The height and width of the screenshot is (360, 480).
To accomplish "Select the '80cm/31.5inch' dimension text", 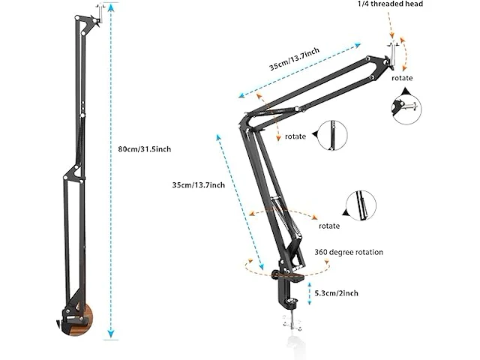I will coord(145,149).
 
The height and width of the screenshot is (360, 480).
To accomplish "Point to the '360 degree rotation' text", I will coord(349,253).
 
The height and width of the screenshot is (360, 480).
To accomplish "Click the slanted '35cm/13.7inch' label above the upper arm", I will coord(294,61).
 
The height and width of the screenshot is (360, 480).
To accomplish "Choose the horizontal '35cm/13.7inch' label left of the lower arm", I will coord(198,184).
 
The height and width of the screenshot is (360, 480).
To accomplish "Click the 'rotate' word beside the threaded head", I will coord(402,77).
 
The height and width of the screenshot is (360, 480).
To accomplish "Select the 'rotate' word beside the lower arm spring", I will coord(328,226).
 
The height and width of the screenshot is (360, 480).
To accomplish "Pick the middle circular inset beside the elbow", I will coord(332,136).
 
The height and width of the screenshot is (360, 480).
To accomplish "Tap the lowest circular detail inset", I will coord(361,205).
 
